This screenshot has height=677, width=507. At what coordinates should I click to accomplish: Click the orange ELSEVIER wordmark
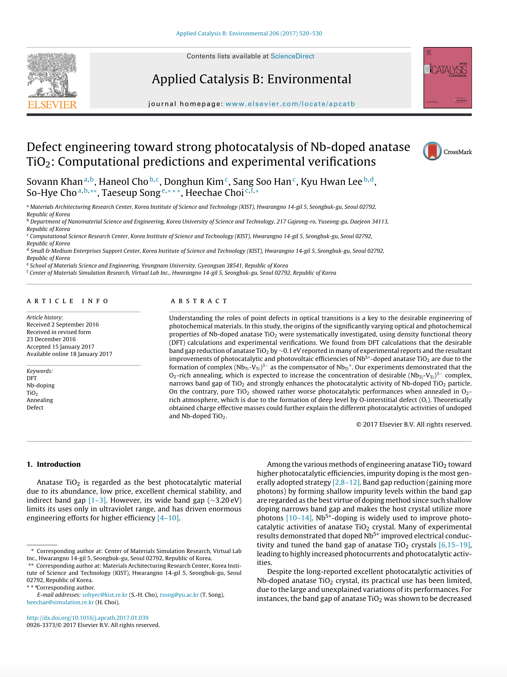pyautogui.click(x=52, y=105)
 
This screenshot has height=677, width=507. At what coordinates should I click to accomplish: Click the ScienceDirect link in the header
pyautogui.click(x=292, y=56)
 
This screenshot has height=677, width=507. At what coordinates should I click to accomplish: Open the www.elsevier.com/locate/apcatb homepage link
pyautogui.click(x=290, y=104)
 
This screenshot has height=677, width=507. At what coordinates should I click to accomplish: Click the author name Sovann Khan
pyautogui.click(x=54, y=182)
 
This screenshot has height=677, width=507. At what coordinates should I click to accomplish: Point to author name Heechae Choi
pyautogui.click(x=214, y=193)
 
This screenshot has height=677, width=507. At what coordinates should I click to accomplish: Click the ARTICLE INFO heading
pyautogui.click(x=68, y=301)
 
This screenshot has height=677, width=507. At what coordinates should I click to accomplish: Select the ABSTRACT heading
pyautogui.click(x=199, y=301)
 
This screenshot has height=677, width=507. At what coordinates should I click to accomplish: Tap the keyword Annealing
pyautogui.click(x=40, y=400)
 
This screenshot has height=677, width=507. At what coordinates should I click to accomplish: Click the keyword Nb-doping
pyautogui.click(x=41, y=385)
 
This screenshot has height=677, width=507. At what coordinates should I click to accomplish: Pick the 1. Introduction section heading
pyautogui.click(x=54, y=464)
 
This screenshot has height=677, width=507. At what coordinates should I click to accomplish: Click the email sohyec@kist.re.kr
pyautogui.click(x=104, y=595)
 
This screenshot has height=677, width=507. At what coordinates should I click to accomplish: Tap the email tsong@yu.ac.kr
pyautogui.click(x=179, y=595)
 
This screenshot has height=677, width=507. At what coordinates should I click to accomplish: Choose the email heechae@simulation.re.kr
pyautogui.click(x=60, y=602)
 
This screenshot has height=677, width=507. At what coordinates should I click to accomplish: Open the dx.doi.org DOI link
pyautogui.click(x=87, y=618)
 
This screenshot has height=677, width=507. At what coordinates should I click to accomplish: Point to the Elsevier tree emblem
pyautogui.click(x=52, y=75)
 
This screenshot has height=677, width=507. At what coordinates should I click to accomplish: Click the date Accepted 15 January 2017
pyautogui.click(x=60, y=347)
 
